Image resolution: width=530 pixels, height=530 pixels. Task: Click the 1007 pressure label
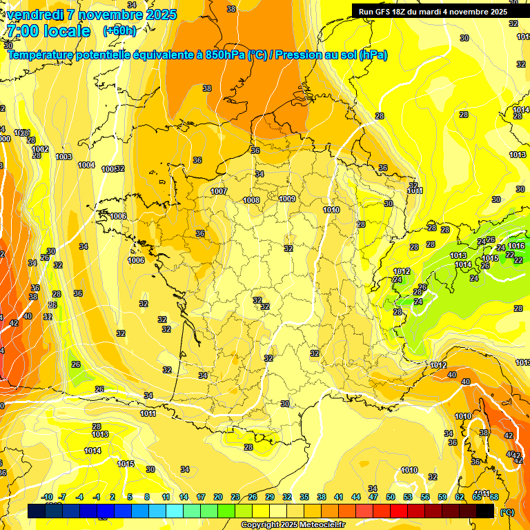(219, 191)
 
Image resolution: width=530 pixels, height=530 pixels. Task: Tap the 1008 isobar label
(251, 200)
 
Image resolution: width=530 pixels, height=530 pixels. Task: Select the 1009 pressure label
(288, 199)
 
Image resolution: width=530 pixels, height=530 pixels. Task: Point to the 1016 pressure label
(516, 246)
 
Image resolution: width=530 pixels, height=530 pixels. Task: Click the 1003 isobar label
(63, 157)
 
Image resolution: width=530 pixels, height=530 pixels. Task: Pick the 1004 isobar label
(86, 165)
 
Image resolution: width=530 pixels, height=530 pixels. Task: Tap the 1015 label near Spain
(126, 464)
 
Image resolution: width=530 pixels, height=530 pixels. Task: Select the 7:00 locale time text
(48, 31)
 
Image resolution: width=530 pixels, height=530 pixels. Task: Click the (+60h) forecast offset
(119, 31)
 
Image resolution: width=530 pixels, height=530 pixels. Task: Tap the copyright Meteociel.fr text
(293, 524)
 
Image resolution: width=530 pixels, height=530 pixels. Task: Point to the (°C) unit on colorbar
(507, 511)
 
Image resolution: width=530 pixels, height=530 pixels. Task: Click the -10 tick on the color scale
(47, 497)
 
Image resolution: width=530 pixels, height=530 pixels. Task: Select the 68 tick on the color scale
(493, 497)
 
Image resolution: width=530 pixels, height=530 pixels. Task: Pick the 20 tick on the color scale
(218, 497)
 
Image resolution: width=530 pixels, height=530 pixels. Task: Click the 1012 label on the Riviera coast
(438, 365)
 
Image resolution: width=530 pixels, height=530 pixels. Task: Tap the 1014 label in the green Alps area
(462, 264)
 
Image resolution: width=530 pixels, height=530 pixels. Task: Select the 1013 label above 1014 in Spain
(100, 434)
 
